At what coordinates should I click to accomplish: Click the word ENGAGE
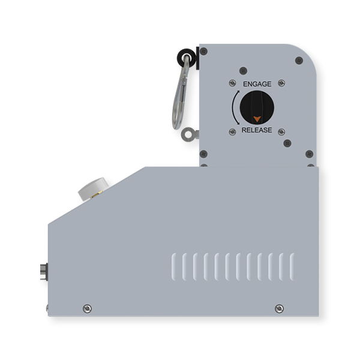pyautogui.click(x=256, y=84)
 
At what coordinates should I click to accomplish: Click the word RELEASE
pyautogui.click(x=256, y=130)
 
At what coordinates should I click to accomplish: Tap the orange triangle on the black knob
pyautogui.click(x=256, y=119)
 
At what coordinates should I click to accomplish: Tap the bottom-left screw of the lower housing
pyautogui.click(x=88, y=308)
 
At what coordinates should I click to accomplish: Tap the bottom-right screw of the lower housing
pyautogui.click(x=278, y=308)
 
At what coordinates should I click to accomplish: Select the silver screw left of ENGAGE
pyautogui.click(x=231, y=83)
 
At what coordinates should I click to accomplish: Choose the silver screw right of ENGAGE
pyautogui.click(x=283, y=83)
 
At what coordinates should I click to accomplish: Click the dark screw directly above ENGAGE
pyautogui.click(x=243, y=70)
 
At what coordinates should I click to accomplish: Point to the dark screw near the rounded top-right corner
pyautogui.click(x=298, y=59)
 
